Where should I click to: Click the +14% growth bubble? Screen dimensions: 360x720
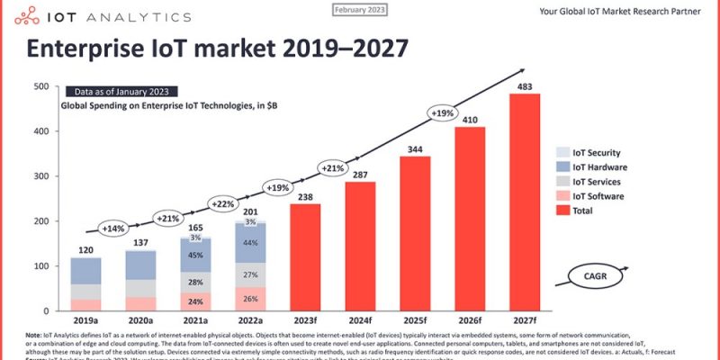click(x=113, y=228)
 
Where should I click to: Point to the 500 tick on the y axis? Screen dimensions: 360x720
click(x=41, y=86)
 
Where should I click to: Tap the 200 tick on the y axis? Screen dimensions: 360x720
click(x=41, y=221)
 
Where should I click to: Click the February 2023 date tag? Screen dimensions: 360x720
click(x=360, y=9)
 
